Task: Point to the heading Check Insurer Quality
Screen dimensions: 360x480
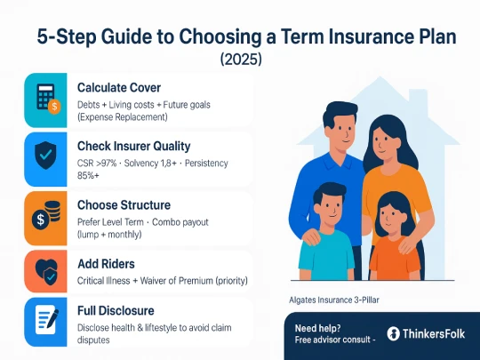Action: [146, 146]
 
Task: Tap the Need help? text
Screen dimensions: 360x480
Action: [316, 326]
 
